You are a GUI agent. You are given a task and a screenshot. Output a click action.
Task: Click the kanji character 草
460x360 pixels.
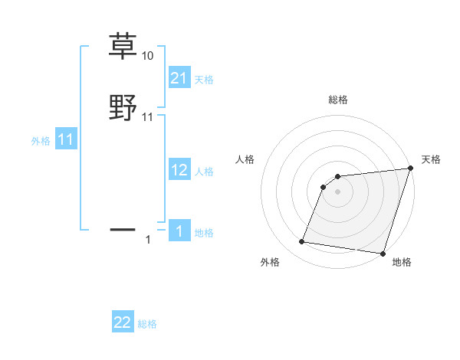[x=123, y=46]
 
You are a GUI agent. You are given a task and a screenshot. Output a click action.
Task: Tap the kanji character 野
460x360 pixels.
[x=123, y=107]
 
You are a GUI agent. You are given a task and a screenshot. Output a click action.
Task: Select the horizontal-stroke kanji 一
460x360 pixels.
[x=123, y=228]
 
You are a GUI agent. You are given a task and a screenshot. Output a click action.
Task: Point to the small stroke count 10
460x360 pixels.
[x=148, y=56]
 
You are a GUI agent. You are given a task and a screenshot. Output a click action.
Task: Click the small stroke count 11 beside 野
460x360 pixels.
[x=148, y=116]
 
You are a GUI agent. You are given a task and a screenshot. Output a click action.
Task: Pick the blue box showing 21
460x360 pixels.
[x=179, y=77]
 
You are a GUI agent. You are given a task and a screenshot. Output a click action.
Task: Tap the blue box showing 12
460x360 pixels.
[x=179, y=170]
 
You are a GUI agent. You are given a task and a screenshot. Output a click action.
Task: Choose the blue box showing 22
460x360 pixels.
[x=123, y=322]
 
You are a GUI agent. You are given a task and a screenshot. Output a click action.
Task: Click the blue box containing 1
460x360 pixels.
[x=179, y=231]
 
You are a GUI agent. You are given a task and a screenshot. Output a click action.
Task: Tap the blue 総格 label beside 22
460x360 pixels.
[x=147, y=324]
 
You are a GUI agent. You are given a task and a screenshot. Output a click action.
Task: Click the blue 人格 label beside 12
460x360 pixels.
[x=204, y=172]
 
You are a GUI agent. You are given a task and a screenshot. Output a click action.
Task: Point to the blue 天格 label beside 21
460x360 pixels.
[x=204, y=79]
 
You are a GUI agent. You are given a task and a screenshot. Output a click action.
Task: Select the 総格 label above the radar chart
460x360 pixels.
[x=338, y=100]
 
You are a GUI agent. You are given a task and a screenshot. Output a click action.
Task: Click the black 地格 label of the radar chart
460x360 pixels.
[x=402, y=262]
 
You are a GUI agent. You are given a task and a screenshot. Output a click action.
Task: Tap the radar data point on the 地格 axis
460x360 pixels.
[x=383, y=254]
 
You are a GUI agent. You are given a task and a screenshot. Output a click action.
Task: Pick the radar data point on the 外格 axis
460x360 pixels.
[x=302, y=242]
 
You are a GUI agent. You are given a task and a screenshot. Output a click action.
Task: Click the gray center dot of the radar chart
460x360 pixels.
[x=338, y=191]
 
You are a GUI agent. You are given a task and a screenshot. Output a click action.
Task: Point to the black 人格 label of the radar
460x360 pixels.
[x=245, y=159]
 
